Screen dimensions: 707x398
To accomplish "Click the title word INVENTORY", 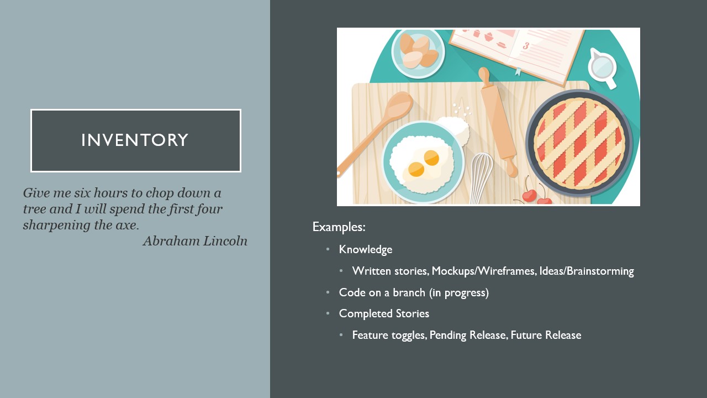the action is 135,140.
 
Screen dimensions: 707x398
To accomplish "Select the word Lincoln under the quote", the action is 225,241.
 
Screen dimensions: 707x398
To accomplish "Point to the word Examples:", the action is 339,227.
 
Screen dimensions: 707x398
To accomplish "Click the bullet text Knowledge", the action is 366,249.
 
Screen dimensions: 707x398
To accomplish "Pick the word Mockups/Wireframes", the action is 484,271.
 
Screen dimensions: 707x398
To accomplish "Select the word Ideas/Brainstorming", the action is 587,271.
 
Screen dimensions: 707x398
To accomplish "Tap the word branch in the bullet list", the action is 409,292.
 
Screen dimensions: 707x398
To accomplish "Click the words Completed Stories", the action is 384,313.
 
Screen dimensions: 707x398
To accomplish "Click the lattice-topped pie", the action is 579,143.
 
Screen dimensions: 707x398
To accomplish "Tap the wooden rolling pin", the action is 498,122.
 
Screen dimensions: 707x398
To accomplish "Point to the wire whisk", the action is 481,178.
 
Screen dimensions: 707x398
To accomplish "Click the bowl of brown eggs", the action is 418,54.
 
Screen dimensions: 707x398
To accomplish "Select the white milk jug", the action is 602,67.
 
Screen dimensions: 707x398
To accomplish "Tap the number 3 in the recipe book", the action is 525,46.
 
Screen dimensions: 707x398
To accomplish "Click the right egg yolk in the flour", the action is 431,158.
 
